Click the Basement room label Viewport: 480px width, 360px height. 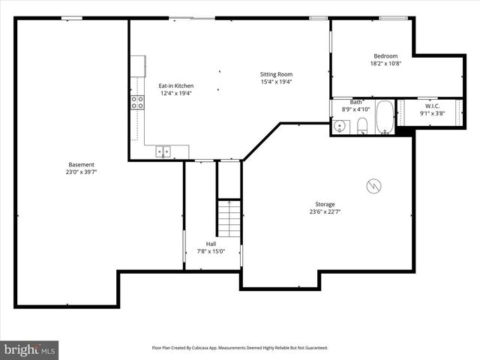point(81,164)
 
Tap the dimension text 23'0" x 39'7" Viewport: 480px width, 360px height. point(81,172)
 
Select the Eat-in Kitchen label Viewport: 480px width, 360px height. point(175,85)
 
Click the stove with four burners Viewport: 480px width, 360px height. point(137,103)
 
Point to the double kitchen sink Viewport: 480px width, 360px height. point(163,151)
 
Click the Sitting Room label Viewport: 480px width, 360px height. point(276,74)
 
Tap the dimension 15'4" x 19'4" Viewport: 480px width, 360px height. point(276,82)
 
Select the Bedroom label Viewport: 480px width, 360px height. point(385,56)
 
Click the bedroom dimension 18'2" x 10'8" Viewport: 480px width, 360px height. point(385,64)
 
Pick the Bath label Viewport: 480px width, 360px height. point(356,102)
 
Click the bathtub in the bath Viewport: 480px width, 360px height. point(384,118)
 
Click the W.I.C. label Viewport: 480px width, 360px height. point(431,106)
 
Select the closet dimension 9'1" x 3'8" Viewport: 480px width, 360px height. point(431,113)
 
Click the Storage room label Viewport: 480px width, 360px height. point(325,204)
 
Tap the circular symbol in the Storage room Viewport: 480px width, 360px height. point(373,185)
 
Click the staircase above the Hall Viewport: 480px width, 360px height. point(229,217)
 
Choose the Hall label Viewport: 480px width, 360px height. point(211,244)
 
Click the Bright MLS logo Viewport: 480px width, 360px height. point(30,349)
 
